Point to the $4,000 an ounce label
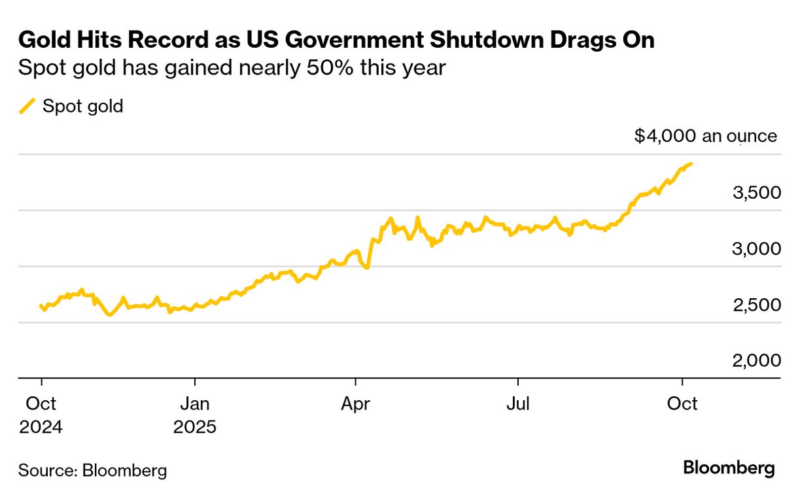pos(706,136)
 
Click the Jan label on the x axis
pos(194,404)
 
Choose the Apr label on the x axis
pos(355,404)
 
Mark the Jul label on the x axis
pos(518,404)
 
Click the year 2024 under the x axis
pos(41,428)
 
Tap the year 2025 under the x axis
pos(194,428)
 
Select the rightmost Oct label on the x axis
pos(683,404)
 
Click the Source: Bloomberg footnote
pos(92,470)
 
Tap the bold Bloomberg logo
pos(729,468)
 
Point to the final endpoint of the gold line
pos(691,163)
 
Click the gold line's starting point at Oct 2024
pos(41,305)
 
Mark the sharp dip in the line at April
pos(367,267)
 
